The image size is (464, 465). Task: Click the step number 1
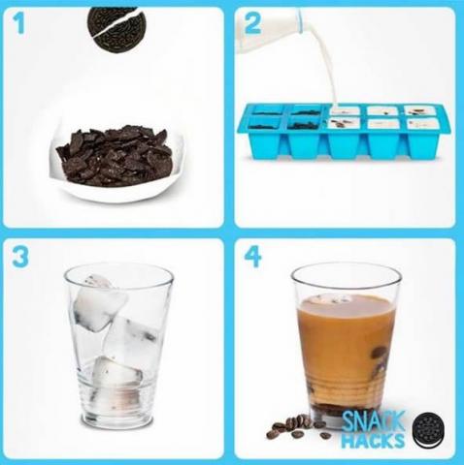19,23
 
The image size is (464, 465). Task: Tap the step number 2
252,23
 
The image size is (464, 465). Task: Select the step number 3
20,257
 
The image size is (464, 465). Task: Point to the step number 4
252,257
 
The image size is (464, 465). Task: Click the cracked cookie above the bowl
116,28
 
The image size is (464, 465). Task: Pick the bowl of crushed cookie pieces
116,162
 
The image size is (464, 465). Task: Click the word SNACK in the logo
373,421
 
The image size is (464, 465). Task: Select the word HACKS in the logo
373,441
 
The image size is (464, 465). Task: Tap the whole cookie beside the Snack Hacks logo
428,430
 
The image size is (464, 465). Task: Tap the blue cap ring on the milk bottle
301,20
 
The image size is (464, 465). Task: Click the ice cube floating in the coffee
327,299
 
